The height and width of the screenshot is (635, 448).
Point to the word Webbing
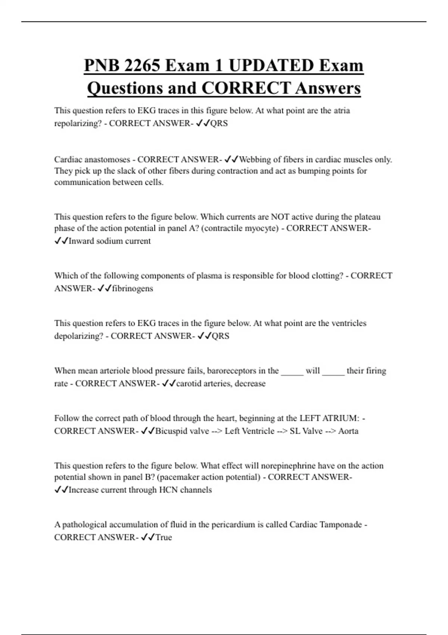255,159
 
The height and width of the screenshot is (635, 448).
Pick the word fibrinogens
133,288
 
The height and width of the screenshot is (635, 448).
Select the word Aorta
348,431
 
